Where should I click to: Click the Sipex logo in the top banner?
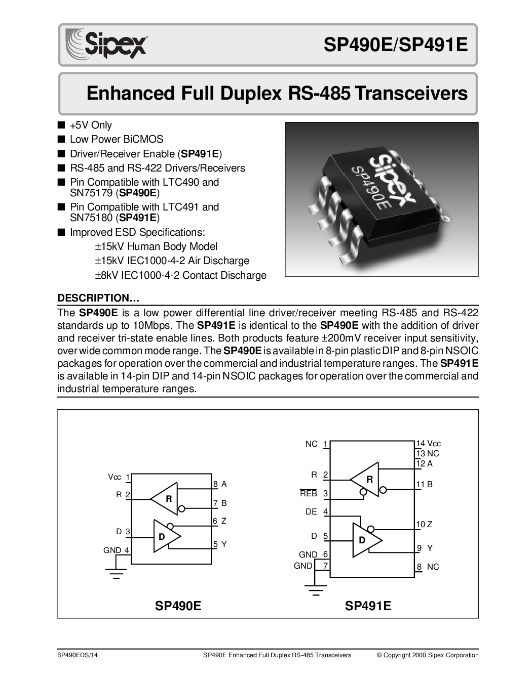pos(106,43)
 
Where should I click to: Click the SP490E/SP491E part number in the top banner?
pos(395,45)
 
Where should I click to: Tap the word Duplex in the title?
pos(251,93)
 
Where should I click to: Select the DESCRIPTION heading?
pos(98,297)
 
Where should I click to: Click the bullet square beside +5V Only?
pos(61,124)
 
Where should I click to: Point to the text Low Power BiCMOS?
pos(117,139)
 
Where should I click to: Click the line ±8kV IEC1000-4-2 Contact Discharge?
pos(181,275)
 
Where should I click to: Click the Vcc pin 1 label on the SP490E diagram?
pos(119,477)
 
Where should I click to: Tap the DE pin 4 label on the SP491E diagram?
pos(316,511)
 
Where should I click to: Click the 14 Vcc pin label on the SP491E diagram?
pos(429,444)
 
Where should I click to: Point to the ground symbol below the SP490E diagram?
pos(116,573)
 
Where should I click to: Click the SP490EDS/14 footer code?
pos(78,655)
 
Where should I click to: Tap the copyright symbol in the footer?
pos(379,655)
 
